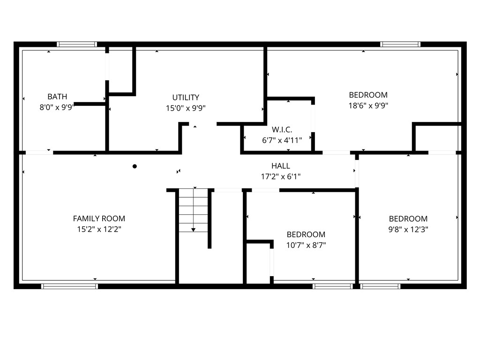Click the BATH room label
(x=57, y=97)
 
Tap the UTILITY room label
(x=185, y=97)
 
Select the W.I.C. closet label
(x=282, y=129)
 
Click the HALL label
(x=280, y=166)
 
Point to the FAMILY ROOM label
(x=99, y=218)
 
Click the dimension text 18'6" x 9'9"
(x=368, y=105)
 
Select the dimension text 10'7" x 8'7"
(x=306, y=245)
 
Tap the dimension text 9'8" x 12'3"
(x=408, y=229)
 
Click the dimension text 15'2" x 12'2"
(x=99, y=229)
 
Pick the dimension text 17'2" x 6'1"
(x=280, y=177)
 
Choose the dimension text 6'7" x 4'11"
(x=282, y=140)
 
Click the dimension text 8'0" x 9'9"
(x=57, y=107)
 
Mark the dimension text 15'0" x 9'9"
(x=185, y=108)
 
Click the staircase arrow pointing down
(x=193, y=229)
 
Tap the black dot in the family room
(x=135, y=166)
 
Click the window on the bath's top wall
(x=77, y=45)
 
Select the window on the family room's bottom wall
(x=69, y=286)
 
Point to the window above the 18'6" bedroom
(x=400, y=45)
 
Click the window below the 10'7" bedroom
(x=332, y=286)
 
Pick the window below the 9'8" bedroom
(x=381, y=286)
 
